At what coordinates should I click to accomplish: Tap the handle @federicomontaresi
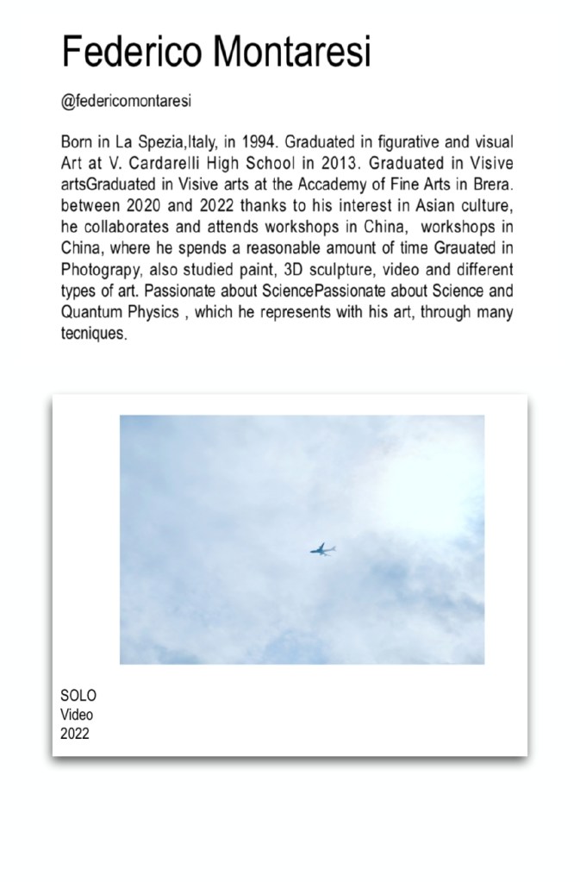(126, 102)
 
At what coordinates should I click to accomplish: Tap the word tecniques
(94, 335)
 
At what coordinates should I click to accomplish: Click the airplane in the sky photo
(322, 549)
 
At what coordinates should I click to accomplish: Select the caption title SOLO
(78, 696)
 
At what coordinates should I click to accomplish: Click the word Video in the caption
(77, 715)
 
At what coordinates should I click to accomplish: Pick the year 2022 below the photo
(75, 734)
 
